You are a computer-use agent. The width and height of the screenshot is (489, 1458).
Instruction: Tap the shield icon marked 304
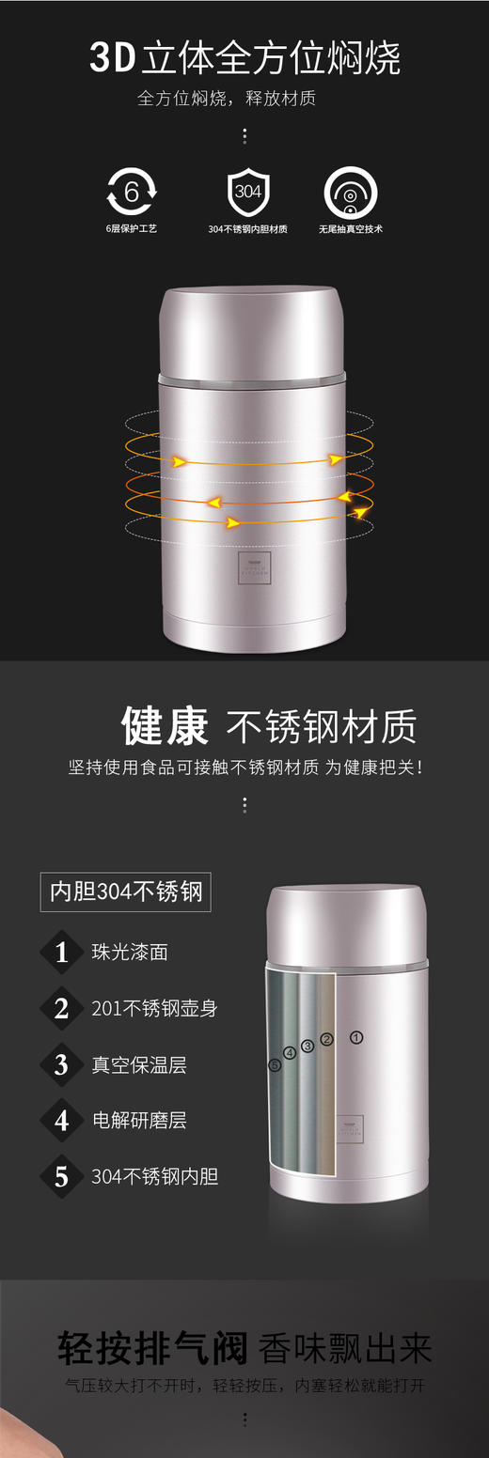coord(247,192)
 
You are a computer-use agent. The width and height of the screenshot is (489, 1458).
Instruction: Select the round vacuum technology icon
coord(350,193)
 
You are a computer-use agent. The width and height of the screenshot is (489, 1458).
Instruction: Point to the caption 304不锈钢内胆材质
coord(247,228)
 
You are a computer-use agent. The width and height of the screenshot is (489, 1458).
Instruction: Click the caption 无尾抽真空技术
coord(350,228)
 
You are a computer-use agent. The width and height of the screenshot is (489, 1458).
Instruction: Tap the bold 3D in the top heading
coord(112,58)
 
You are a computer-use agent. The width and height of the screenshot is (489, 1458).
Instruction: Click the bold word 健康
coord(165,726)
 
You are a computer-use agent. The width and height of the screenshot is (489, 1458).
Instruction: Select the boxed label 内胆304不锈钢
coord(126,892)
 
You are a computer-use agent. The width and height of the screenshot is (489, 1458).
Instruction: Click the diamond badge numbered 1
coord(62,953)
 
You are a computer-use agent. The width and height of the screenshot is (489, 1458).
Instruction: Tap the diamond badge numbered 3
coord(62,1064)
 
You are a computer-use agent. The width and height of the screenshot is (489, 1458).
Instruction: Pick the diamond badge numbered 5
coord(62,1176)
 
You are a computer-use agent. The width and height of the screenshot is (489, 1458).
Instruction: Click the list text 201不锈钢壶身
coord(154,1008)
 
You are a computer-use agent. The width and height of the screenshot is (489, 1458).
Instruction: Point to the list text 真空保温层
coord(139,1064)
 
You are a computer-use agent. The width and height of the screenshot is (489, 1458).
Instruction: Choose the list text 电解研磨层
coord(139,1120)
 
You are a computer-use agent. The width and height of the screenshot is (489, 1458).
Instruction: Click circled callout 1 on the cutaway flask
coord(356,1037)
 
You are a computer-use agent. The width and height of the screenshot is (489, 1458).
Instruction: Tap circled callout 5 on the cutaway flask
coord(275,1065)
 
